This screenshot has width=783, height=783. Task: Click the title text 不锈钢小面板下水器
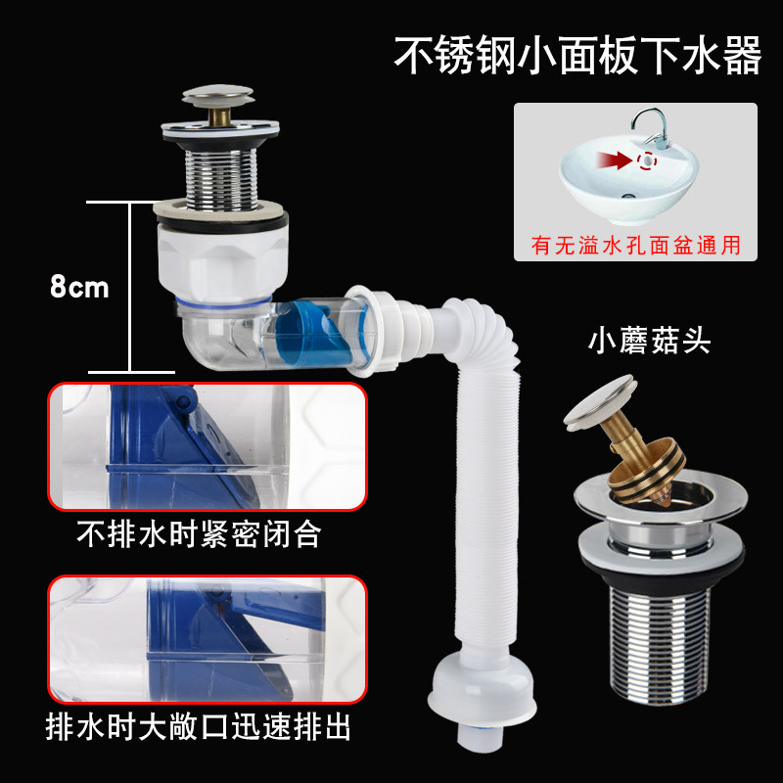tap(577, 56)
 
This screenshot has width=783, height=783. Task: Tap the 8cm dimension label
tap(79, 288)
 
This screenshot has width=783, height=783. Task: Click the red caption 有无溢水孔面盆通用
tap(636, 245)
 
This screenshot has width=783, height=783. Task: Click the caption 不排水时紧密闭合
tap(199, 536)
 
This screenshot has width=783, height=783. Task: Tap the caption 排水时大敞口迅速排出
tap(199, 728)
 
